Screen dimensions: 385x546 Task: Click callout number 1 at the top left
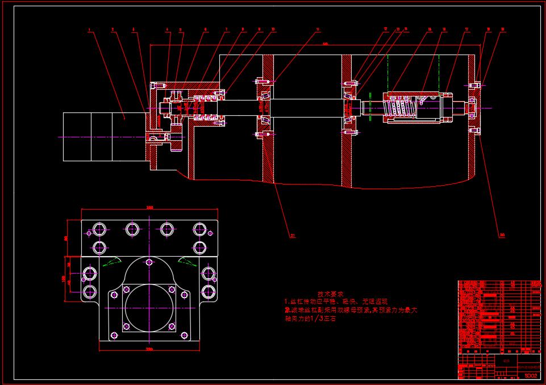tap(89, 30)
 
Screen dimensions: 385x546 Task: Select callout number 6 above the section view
tap(206, 30)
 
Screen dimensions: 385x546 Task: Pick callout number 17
tap(466, 29)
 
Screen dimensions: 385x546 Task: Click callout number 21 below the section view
tap(293, 236)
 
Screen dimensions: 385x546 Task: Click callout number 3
tap(134, 30)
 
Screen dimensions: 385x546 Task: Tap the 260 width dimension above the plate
tap(150, 207)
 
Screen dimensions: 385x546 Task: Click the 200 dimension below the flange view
tap(149, 348)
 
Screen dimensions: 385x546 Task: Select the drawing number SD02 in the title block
tap(530, 375)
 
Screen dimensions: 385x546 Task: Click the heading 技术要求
tap(330, 294)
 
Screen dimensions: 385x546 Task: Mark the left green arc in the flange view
tap(111, 261)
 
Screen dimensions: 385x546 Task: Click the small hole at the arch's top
tap(149, 262)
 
